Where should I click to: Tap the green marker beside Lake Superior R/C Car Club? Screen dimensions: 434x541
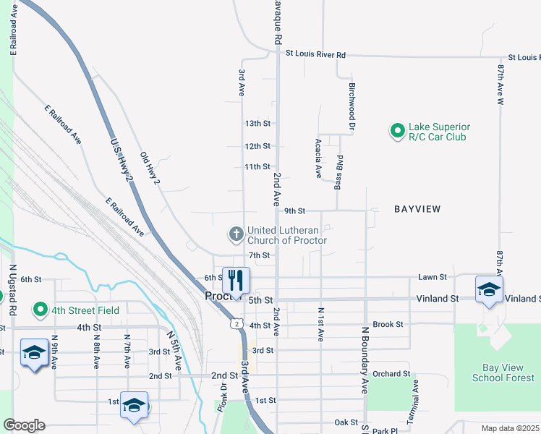397,131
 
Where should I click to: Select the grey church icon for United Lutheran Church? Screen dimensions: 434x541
236,234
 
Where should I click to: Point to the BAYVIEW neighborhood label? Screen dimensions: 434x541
417,209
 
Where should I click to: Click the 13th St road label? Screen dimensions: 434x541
257,124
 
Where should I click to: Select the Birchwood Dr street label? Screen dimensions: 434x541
352,106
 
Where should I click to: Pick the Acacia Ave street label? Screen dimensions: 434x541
318,158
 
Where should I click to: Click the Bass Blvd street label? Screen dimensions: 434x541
338,172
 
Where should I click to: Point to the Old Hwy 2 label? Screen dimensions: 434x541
150,168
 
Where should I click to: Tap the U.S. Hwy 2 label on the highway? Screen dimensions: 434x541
122,160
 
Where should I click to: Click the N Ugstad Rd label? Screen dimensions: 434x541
12,290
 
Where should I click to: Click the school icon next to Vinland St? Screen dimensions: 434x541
489,290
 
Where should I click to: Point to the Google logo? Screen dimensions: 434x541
25,425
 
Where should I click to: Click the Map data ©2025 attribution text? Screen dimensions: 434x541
510,428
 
